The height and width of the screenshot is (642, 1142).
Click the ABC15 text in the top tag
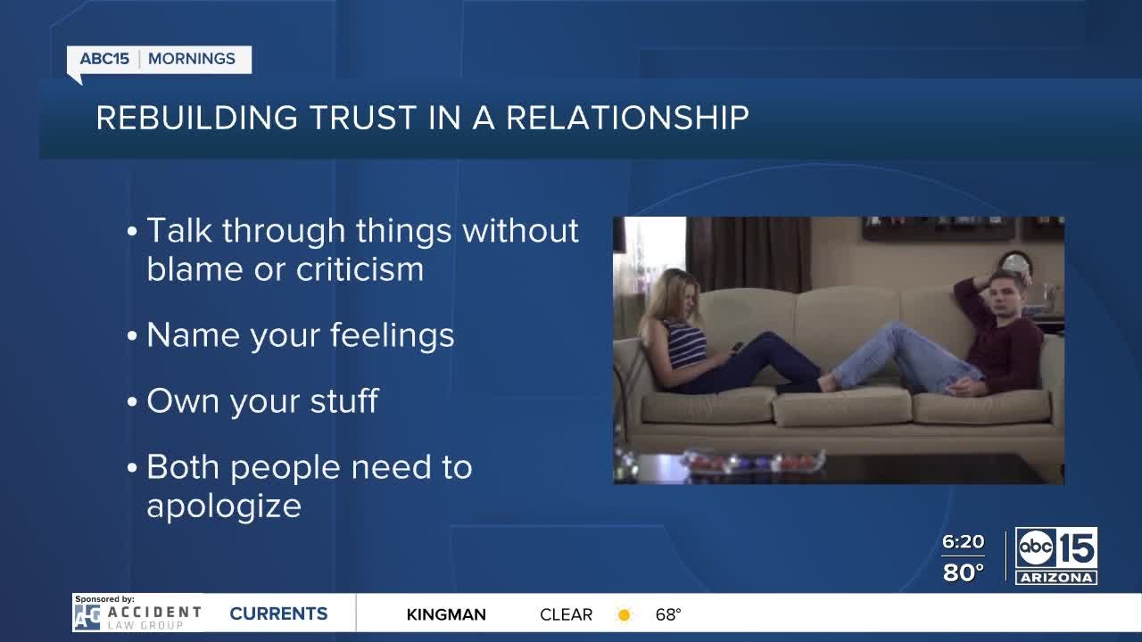(104, 60)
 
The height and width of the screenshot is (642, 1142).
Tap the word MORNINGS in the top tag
(192, 60)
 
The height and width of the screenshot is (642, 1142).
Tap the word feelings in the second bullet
(392, 335)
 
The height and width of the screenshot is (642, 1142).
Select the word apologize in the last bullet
(223, 506)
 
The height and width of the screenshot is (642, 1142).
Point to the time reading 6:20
(963, 542)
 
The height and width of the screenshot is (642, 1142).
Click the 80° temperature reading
(963, 572)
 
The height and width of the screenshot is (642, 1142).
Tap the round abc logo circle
(1036, 547)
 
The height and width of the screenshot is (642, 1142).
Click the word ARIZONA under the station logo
(1056, 578)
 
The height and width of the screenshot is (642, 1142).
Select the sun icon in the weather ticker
(625, 614)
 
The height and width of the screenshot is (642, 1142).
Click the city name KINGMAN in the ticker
(446, 614)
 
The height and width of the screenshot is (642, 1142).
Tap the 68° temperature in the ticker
(668, 614)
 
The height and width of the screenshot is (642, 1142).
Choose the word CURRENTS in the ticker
(278, 613)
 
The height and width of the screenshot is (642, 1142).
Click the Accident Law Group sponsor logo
(138, 615)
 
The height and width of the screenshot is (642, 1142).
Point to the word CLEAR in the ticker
(566, 614)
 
